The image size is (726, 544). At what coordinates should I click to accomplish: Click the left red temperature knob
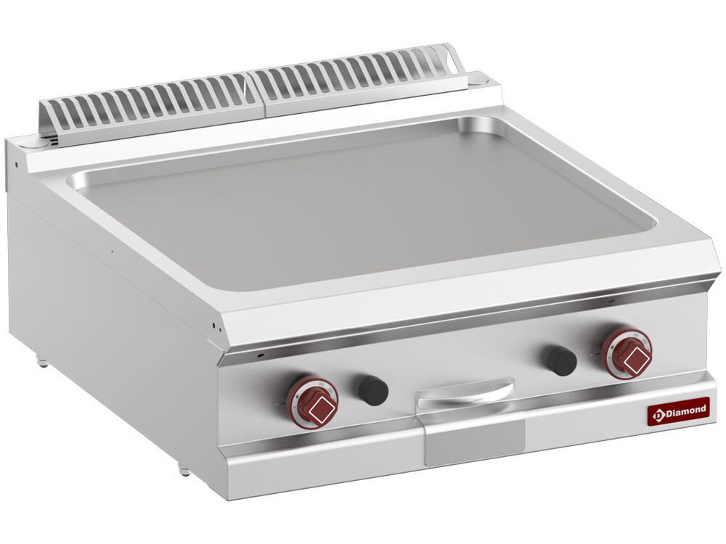311,403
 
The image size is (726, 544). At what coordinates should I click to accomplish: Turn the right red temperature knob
627,353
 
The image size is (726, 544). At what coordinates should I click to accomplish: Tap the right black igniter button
561,360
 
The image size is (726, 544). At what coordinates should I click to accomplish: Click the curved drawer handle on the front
465,392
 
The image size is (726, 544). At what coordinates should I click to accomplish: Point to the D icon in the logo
659,413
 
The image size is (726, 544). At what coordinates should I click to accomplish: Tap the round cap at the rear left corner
31,146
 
